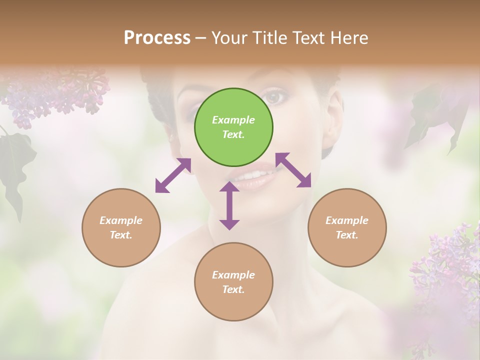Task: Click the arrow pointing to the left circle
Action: pyautogui.click(x=173, y=175)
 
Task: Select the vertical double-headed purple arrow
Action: pyautogui.click(x=229, y=205)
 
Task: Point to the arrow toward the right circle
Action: pyautogui.click(x=293, y=170)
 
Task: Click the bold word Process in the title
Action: pyautogui.click(x=157, y=37)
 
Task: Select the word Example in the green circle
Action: pyautogui.click(x=233, y=120)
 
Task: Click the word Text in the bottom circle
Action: pyautogui.click(x=233, y=289)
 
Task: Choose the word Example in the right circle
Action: pyautogui.click(x=347, y=220)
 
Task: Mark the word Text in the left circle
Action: pyautogui.click(x=121, y=235)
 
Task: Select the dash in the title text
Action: pyautogui.click(x=201, y=38)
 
